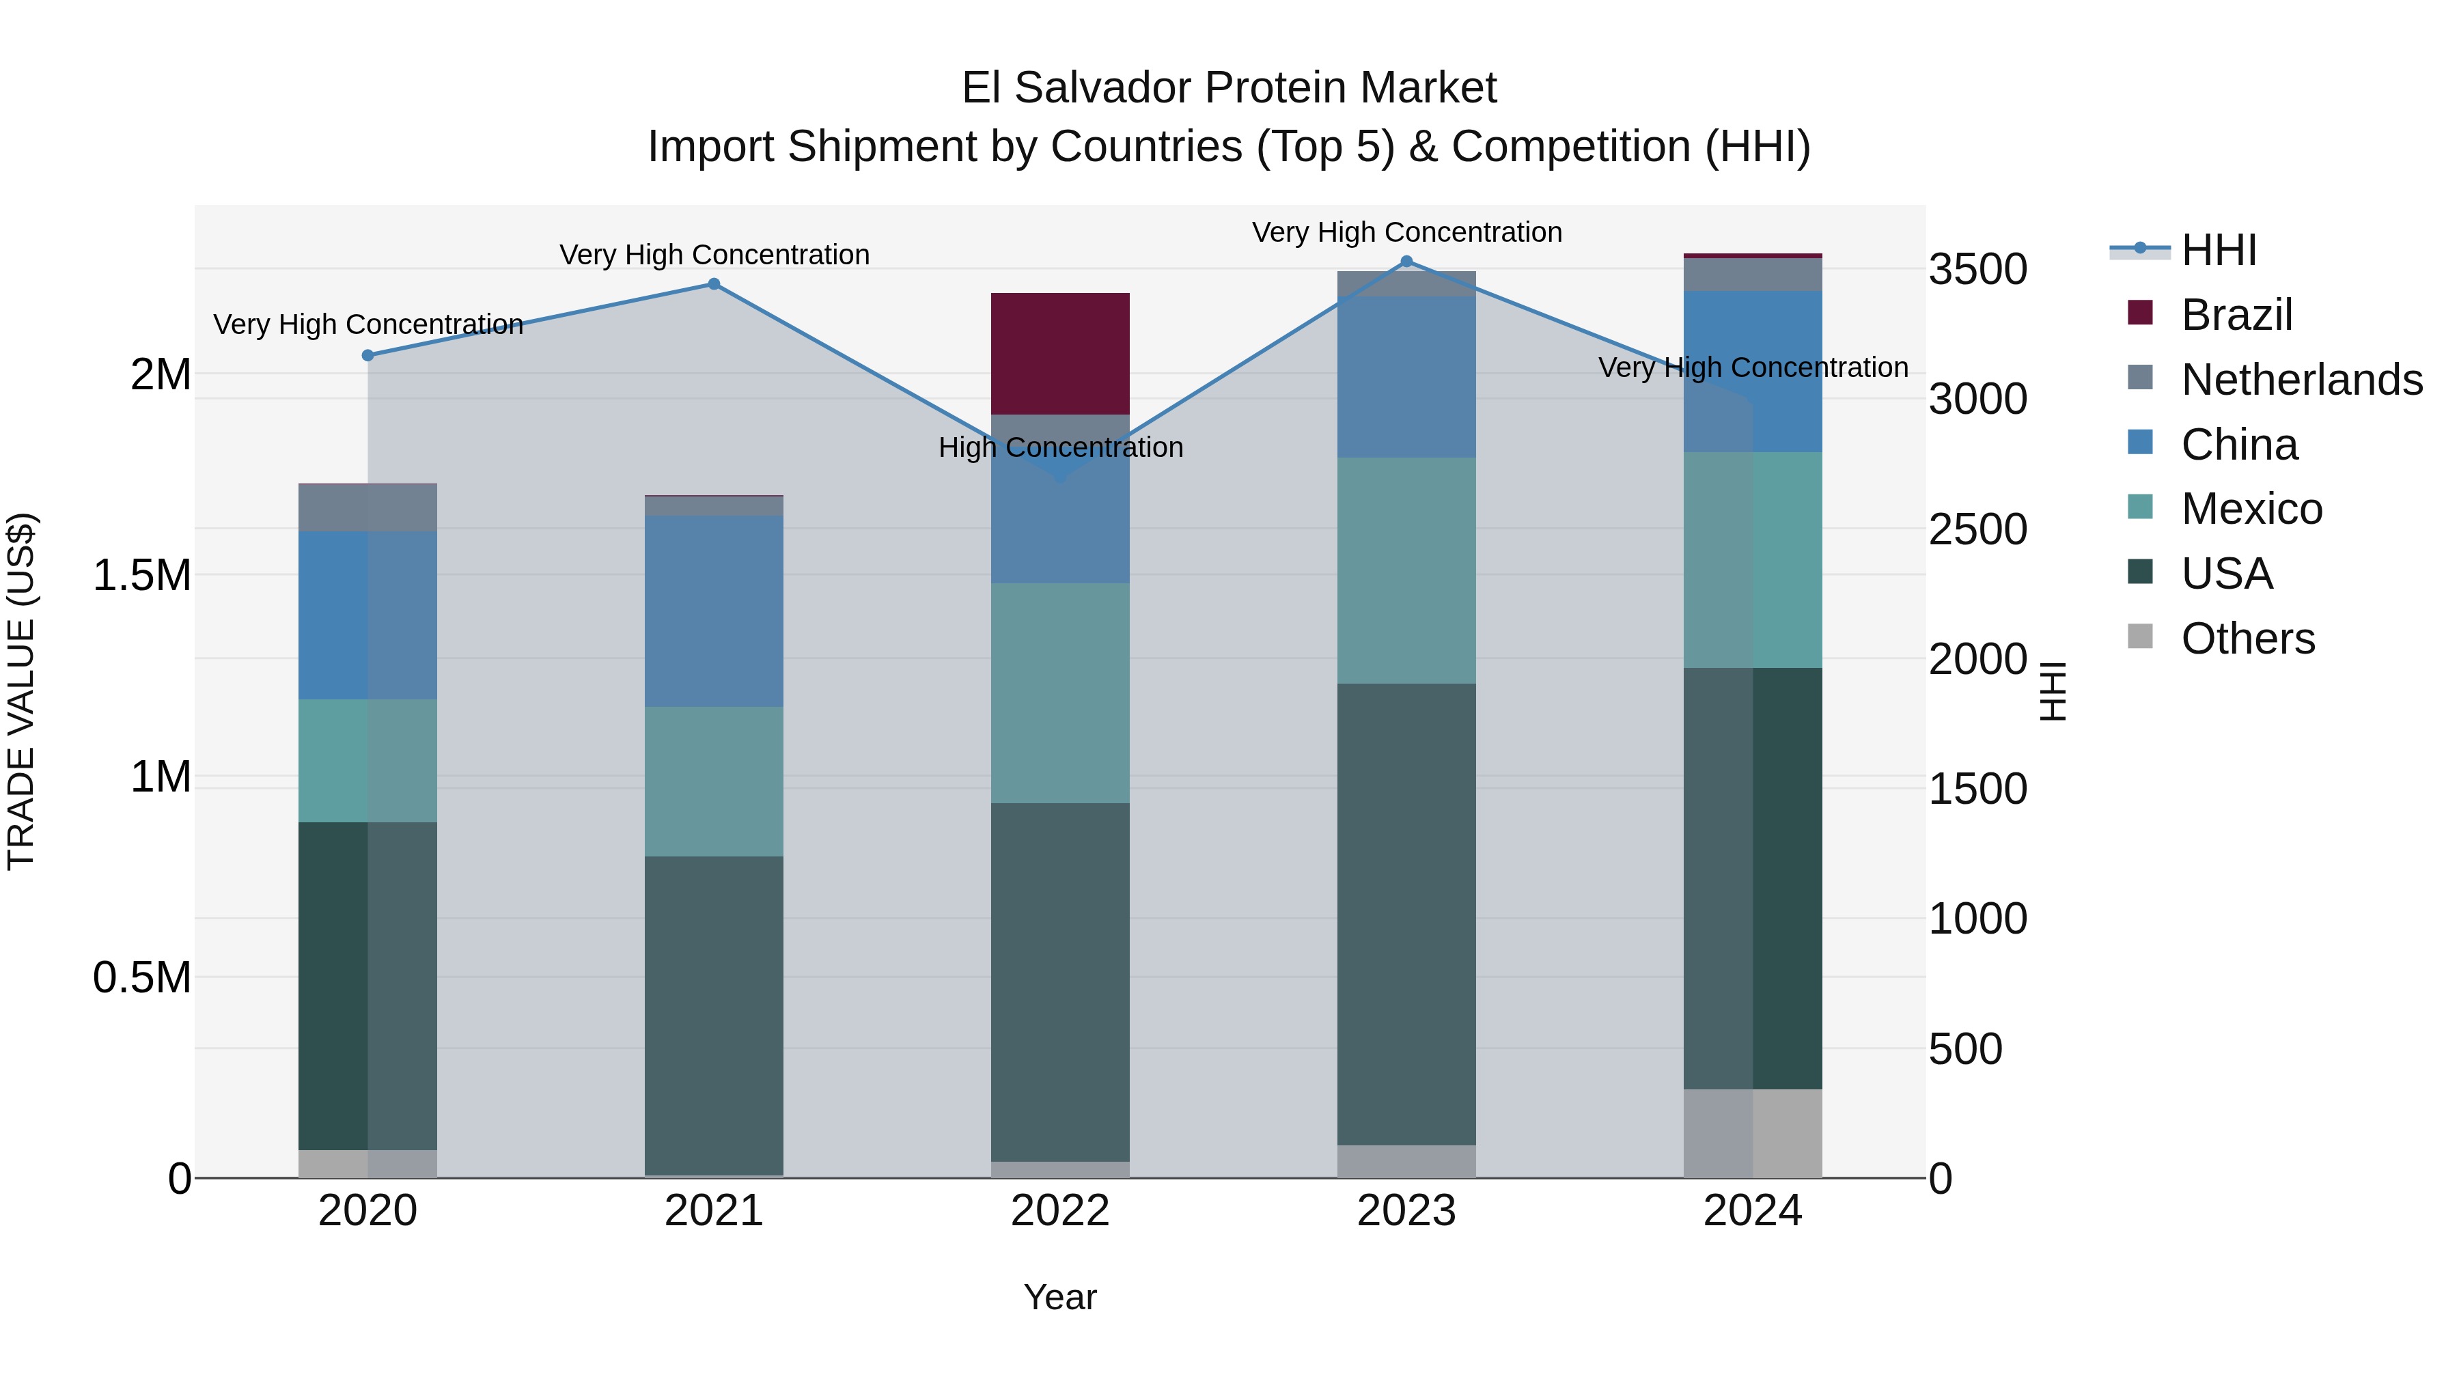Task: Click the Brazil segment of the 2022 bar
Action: (1059, 353)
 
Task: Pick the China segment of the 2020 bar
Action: (367, 615)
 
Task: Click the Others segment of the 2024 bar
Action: (1753, 1133)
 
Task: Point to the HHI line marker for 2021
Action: (714, 284)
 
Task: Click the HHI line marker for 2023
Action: (1406, 262)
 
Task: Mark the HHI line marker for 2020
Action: (367, 355)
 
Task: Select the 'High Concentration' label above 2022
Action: (1059, 447)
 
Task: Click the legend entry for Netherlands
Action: (2301, 380)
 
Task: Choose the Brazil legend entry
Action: (2236, 315)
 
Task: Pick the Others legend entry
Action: (2247, 639)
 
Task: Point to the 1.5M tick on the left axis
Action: (141, 576)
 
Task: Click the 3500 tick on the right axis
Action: (1977, 269)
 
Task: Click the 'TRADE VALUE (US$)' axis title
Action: (21, 691)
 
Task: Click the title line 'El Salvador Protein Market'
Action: (1229, 88)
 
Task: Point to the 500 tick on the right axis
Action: (1964, 1049)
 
